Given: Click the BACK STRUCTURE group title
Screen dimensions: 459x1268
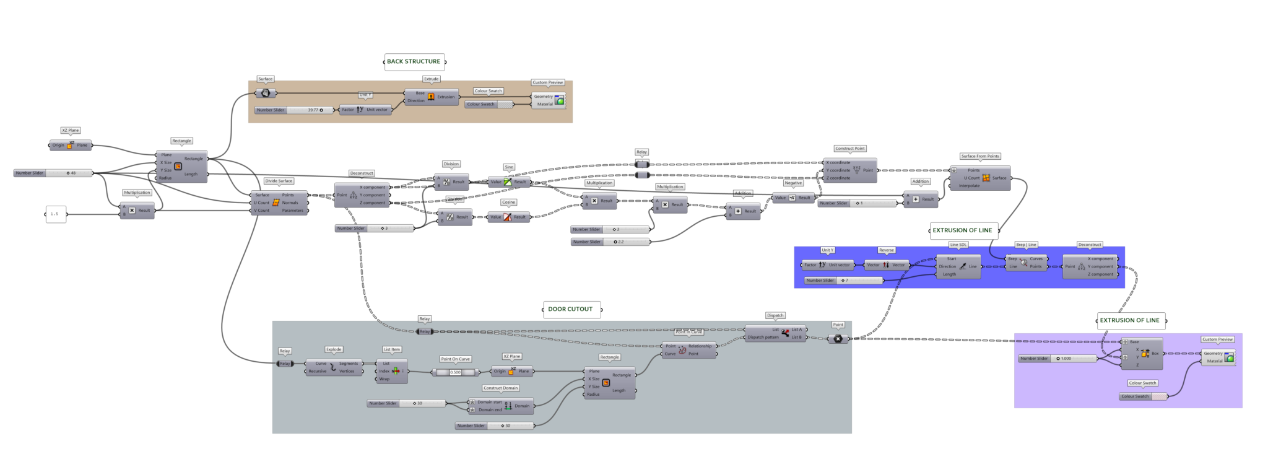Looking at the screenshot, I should [x=414, y=61].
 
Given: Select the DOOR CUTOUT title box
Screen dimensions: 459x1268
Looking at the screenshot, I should [x=570, y=309].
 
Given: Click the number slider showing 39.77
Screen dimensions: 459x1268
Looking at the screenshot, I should [x=294, y=110].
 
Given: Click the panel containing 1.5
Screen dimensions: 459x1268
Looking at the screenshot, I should [x=56, y=214].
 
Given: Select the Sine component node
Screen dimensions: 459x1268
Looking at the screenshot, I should [x=508, y=182].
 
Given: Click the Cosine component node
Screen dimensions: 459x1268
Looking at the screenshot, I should [x=508, y=217].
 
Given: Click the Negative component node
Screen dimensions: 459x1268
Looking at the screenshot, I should [x=792, y=198].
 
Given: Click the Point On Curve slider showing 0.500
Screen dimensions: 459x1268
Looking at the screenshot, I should [x=455, y=372].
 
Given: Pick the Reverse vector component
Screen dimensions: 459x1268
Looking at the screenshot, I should [x=886, y=265].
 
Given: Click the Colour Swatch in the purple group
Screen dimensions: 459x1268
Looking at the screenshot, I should [x=1143, y=396].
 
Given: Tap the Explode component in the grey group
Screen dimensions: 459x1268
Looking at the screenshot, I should [x=333, y=368].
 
